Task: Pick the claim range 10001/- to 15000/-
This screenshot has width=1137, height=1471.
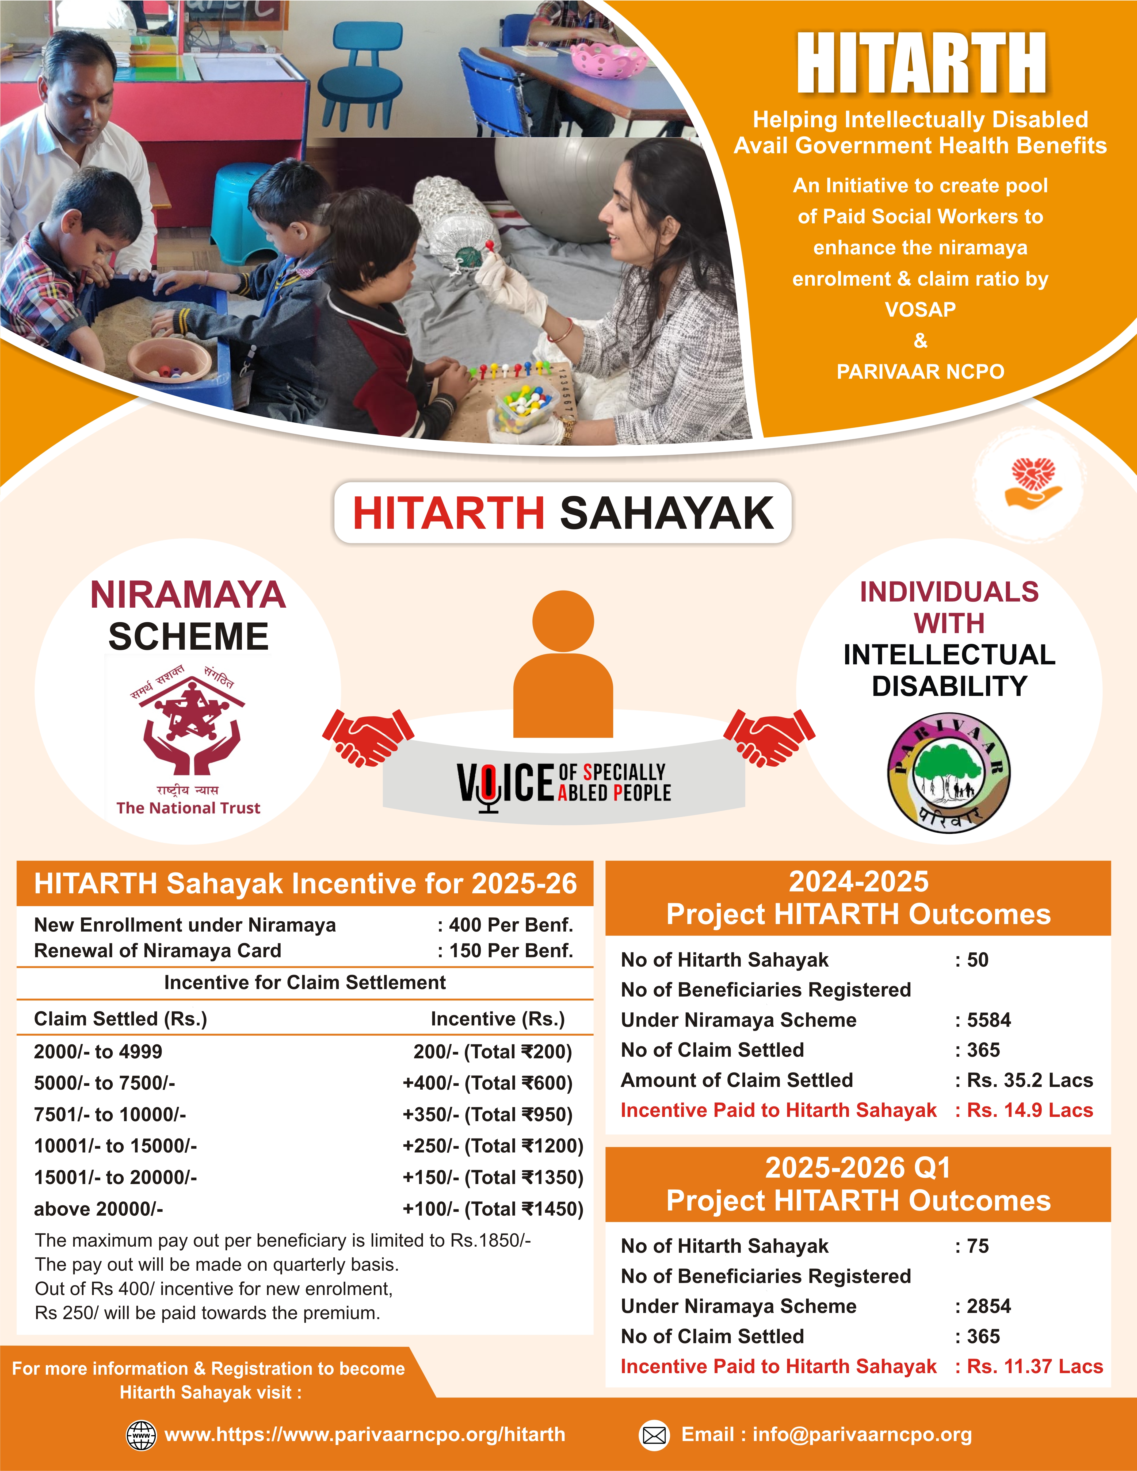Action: point(115,1146)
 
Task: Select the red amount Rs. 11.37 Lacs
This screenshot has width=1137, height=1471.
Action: point(1035,1366)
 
